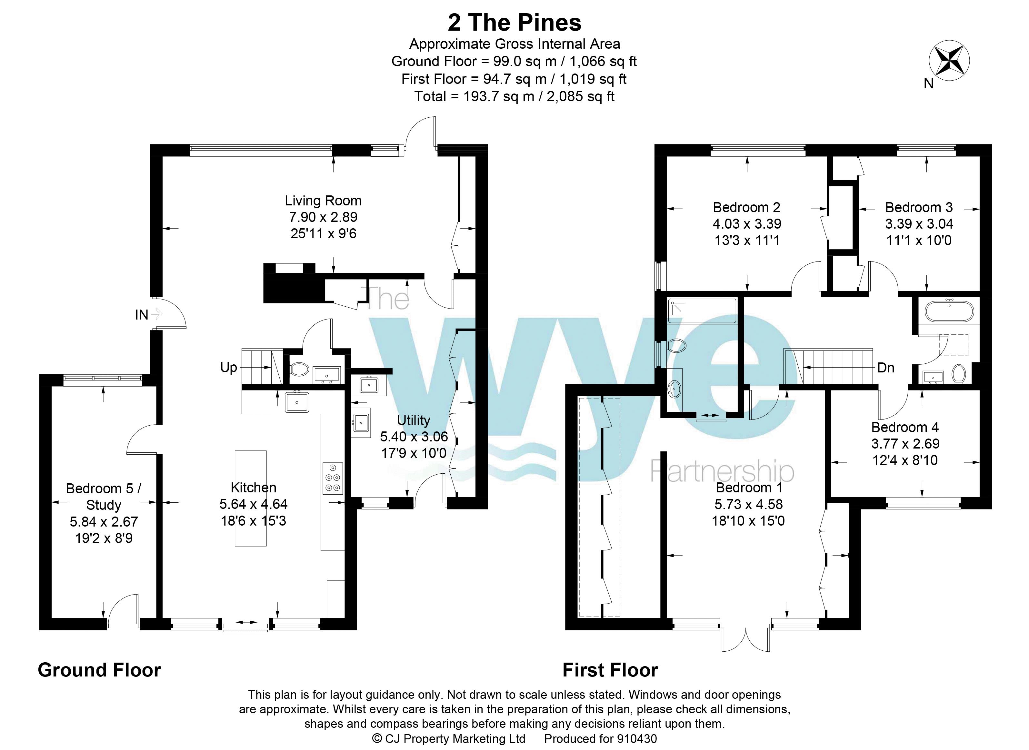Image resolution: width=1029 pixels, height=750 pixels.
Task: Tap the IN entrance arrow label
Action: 142,314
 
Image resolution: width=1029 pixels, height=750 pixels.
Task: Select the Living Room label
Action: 323,201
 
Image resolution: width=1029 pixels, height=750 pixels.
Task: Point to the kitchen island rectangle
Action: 250,498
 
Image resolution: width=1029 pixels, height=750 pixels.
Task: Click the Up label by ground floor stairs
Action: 228,367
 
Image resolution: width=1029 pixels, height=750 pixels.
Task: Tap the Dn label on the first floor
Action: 885,367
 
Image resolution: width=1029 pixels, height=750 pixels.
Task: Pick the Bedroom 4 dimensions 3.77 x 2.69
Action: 905,444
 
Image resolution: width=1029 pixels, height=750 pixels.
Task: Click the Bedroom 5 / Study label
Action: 104,497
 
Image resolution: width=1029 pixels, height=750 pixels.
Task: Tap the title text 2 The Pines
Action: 514,23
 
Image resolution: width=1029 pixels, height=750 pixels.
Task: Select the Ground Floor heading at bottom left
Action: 99,670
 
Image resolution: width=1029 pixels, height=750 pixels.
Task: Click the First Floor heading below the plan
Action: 610,670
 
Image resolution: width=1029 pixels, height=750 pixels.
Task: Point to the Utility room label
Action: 413,420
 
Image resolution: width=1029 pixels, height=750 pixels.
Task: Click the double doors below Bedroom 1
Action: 746,640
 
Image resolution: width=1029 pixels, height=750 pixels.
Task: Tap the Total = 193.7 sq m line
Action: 514,96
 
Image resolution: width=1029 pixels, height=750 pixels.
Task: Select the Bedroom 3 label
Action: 919,207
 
